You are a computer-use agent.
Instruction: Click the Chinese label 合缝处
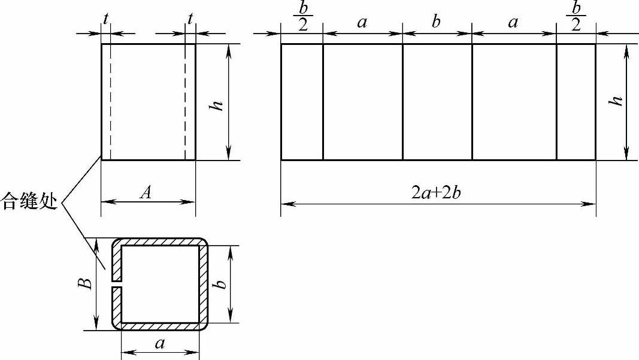(x=29, y=201)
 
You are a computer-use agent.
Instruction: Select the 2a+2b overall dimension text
(x=436, y=192)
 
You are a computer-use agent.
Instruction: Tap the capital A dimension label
(x=146, y=192)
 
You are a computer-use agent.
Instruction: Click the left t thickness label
(x=106, y=19)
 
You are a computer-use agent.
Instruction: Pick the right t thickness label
(x=190, y=19)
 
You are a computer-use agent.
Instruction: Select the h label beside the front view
(x=216, y=105)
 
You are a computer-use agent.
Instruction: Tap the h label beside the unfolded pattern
(x=616, y=100)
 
